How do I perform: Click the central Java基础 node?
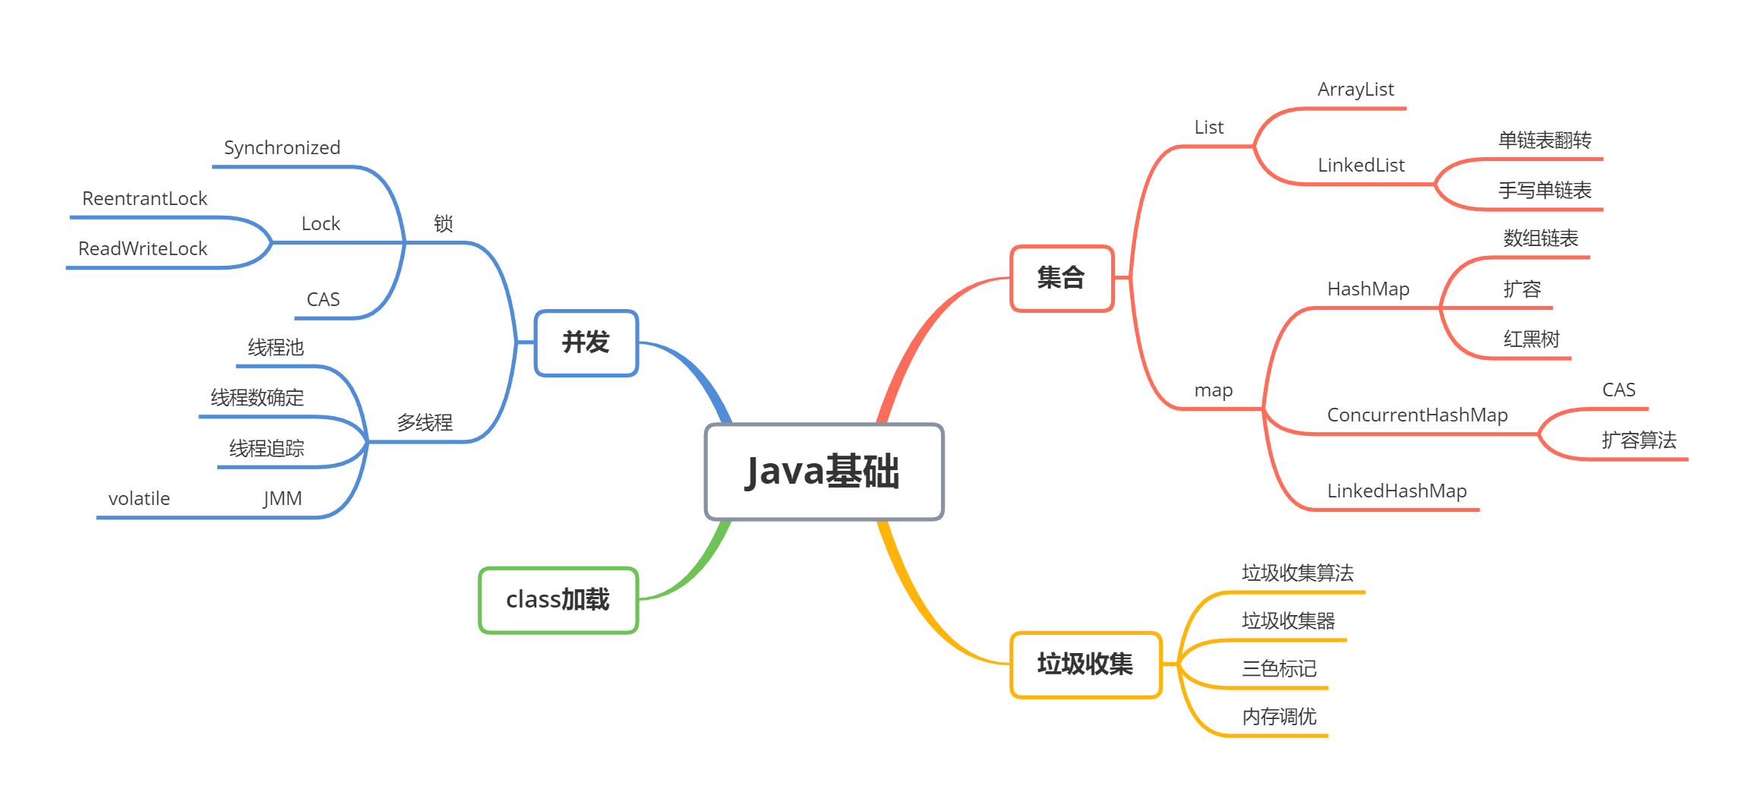click(824, 472)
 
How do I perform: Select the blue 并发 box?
click(586, 342)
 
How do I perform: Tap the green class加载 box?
click(558, 600)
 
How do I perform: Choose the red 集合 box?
click(1061, 278)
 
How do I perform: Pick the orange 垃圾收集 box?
click(1085, 664)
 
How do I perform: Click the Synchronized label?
click(282, 148)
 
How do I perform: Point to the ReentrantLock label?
click(144, 199)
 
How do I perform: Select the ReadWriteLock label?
click(143, 249)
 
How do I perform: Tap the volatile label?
click(139, 499)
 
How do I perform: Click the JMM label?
click(283, 499)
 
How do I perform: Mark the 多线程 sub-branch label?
click(425, 423)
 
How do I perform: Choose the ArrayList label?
click(1356, 90)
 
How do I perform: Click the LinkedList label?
click(1361, 166)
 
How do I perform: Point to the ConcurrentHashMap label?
click(1417, 415)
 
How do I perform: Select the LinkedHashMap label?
click(1397, 491)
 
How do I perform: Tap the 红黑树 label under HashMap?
click(1531, 339)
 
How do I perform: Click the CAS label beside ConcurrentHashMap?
click(1618, 390)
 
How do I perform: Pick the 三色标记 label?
click(1279, 669)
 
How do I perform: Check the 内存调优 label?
click(1279, 717)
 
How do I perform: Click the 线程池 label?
click(276, 348)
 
